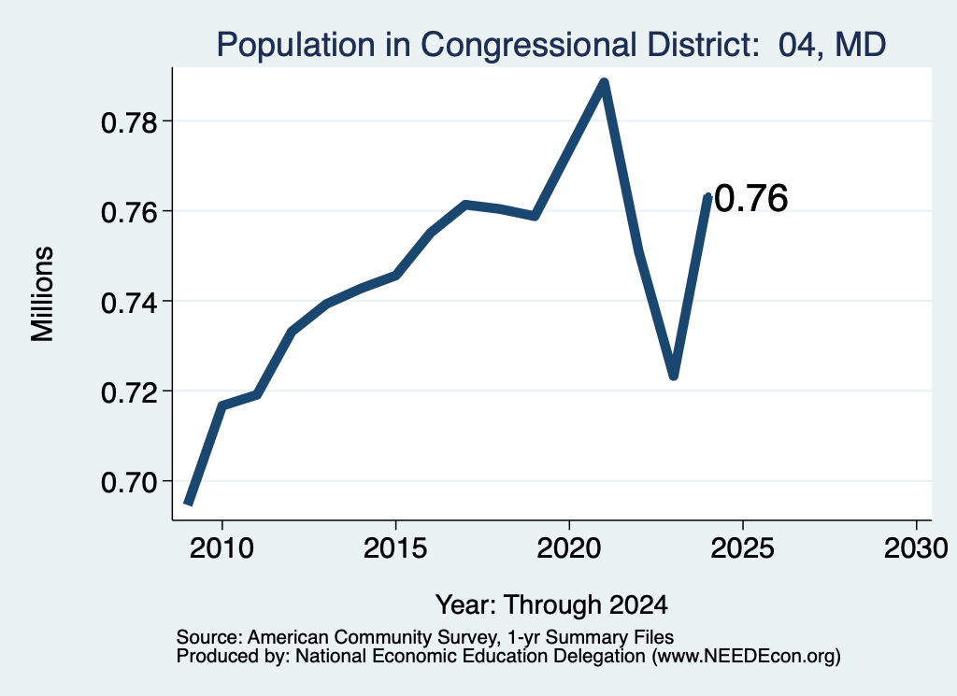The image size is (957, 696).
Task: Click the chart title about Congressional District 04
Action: point(551,45)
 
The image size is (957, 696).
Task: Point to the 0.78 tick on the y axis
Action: point(129,122)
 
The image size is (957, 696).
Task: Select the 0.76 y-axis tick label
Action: point(129,213)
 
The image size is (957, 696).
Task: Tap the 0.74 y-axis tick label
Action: point(129,303)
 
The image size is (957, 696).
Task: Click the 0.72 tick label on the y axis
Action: point(129,392)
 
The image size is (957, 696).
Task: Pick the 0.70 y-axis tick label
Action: point(129,482)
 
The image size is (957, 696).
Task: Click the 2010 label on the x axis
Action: point(221,548)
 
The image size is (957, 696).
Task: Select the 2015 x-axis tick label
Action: point(395,548)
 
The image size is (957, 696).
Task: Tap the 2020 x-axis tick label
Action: point(569,548)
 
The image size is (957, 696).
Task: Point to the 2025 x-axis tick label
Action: point(743,548)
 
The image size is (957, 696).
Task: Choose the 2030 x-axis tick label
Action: point(916,548)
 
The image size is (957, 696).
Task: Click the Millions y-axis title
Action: point(42,293)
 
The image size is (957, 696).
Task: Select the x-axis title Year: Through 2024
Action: point(551,605)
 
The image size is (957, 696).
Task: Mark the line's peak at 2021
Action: point(604,83)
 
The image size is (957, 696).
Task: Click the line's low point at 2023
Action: point(673,376)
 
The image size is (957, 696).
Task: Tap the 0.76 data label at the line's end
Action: point(750,199)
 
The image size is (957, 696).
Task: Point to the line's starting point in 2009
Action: point(189,502)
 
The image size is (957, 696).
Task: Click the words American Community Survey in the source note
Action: point(372,637)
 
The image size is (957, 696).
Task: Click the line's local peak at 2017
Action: point(465,205)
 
